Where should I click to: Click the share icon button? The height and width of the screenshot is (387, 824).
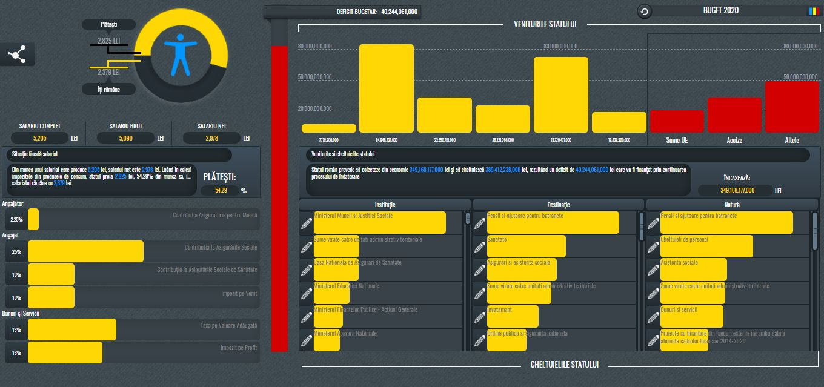click(x=17, y=55)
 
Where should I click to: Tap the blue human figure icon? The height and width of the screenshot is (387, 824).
click(x=181, y=55)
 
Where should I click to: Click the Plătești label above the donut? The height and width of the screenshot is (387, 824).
click(x=108, y=24)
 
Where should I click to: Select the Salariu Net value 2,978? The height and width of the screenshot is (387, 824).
click(x=211, y=138)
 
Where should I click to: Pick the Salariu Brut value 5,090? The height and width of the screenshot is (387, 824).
click(x=125, y=138)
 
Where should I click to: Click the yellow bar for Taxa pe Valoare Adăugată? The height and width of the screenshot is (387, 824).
click(x=72, y=329)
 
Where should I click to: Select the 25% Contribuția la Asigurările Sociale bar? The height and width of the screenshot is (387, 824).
click(x=85, y=251)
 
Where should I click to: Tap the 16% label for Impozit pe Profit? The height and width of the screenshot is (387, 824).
click(x=16, y=352)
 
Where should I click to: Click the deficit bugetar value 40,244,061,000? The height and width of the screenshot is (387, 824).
click(x=399, y=12)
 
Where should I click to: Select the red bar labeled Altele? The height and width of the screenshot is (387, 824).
click(x=792, y=107)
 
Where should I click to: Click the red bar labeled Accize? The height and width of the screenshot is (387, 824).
click(x=734, y=115)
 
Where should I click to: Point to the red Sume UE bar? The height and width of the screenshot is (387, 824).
click(x=677, y=121)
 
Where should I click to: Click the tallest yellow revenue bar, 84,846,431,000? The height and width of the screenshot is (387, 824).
click(x=387, y=88)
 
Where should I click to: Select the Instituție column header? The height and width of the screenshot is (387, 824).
click(x=385, y=205)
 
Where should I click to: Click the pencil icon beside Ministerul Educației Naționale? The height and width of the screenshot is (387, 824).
click(x=307, y=294)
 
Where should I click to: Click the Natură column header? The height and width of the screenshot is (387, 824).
click(x=732, y=205)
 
